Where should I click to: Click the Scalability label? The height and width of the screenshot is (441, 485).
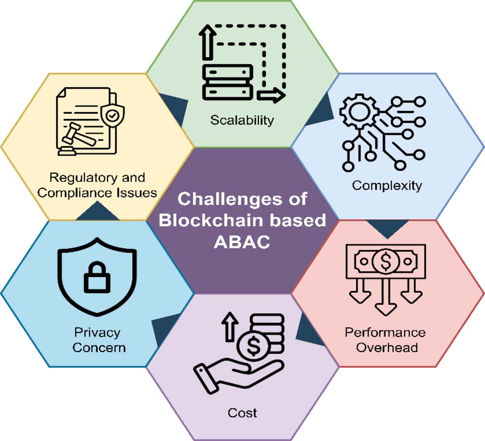click(242, 120)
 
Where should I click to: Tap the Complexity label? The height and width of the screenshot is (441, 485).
click(387, 185)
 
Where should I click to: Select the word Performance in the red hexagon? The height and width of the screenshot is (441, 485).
click(385, 332)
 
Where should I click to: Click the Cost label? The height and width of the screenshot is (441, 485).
click(242, 413)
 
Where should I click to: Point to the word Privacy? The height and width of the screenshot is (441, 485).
click(97, 332)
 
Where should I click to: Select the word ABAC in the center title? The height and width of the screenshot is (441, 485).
click(242, 242)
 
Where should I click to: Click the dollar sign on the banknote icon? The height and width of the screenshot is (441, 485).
click(386, 262)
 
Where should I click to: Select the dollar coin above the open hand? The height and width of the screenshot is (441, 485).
click(253, 346)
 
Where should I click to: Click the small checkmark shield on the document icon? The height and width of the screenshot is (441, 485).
click(112, 115)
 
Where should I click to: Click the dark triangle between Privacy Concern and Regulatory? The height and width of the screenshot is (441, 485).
click(97, 212)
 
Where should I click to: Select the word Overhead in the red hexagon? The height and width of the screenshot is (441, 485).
click(387, 348)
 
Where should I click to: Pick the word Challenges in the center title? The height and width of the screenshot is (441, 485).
click(242, 199)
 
